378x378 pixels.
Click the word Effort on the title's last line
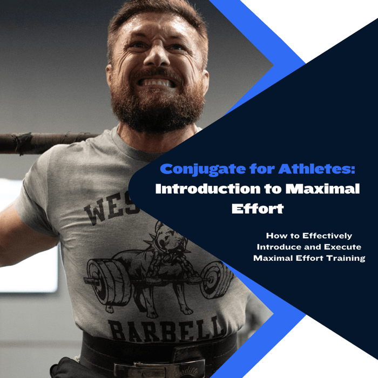[x=257, y=208]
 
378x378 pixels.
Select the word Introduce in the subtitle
[x=281, y=247]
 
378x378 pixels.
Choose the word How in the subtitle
[x=274, y=236]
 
